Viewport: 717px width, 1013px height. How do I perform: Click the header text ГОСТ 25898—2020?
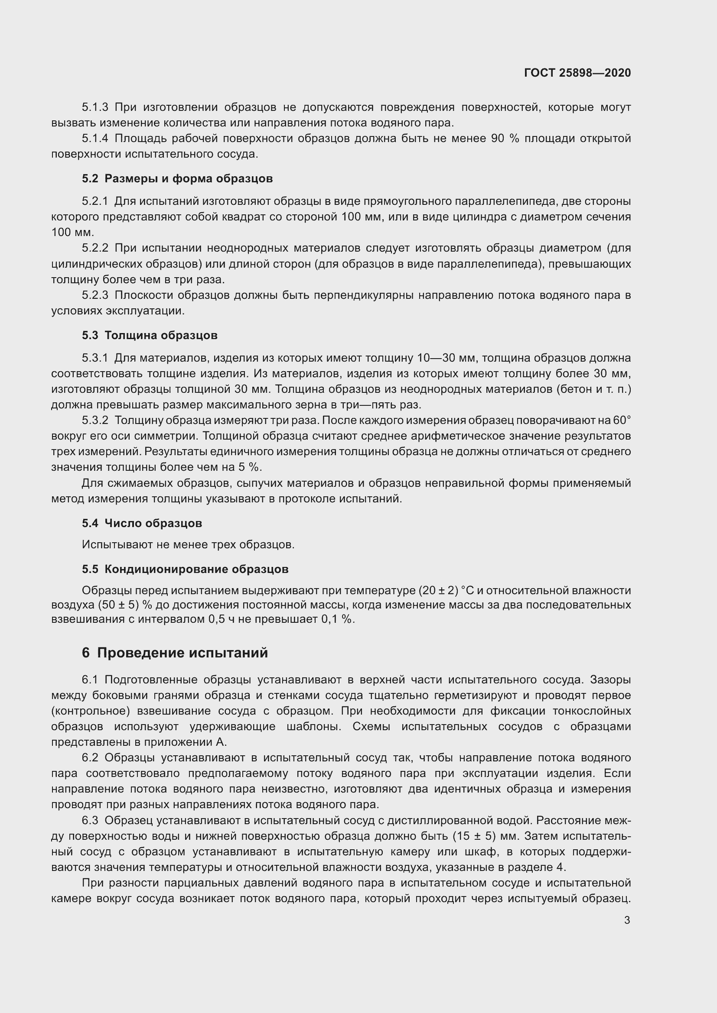tap(577, 73)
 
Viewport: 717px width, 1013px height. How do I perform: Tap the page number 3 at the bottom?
tap(627, 920)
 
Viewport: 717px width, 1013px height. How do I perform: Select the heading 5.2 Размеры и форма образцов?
tap(177, 179)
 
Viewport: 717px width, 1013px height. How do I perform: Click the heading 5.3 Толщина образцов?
tap(150, 335)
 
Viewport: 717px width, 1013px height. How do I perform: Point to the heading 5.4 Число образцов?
tap(142, 523)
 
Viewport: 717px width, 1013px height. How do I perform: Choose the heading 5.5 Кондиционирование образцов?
tap(185, 569)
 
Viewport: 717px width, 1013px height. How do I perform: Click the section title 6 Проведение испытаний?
tap(175, 653)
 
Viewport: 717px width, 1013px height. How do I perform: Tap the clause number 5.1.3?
tap(95, 107)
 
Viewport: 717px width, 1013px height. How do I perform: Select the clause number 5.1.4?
tap(95, 139)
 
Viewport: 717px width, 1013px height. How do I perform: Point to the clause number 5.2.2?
tap(95, 248)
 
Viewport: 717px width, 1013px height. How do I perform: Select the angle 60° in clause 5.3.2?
tap(622, 421)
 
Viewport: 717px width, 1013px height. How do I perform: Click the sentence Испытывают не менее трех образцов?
tap(188, 545)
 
